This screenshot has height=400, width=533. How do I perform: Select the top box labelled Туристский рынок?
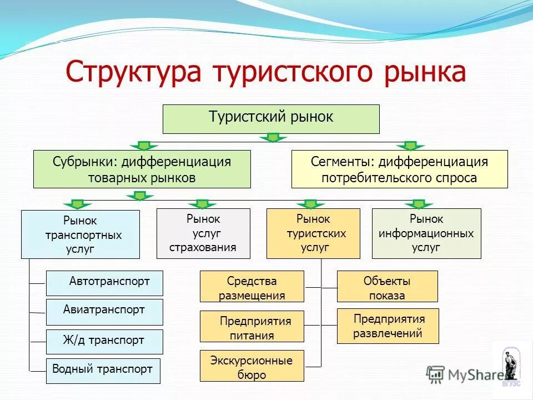pyautogui.click(x=271, y=119)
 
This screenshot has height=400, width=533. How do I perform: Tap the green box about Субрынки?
pyautogui.click(x=142, y=169)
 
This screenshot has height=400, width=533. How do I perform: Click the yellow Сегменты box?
pyautogui.click(x=399, y=169)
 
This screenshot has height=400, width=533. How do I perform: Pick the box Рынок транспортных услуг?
pyautogui.click(x=81, y=234)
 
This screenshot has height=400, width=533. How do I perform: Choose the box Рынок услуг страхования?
pyautogui.click(x=203, y=233)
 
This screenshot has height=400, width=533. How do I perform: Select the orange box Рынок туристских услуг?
pyautogui.click(x=313, y=233)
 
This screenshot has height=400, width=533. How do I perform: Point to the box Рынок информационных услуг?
pyautogui.click(x=426, y=233)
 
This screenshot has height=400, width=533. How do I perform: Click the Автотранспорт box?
pyautogui.click(x=105, y=283)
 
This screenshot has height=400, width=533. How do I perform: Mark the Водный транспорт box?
pyautogui.click(x=103, y=371)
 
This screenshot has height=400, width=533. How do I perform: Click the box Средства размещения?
pyautogui.click(x=252, y=287)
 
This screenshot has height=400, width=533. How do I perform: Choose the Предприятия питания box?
pyautogui.click(x=252, y=326)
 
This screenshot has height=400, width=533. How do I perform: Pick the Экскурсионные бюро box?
pyautogui.click(x=252, y=366)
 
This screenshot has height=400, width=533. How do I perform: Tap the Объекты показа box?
pyautogui.click(x=388, y=287)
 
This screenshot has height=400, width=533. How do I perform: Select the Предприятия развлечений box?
pyautogui.click(x=388, y=326)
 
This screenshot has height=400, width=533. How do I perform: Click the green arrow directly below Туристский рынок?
pyautogui.click(x=272, y=137)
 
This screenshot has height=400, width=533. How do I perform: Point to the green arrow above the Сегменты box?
pyautogui.click(x=410, y=146)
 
